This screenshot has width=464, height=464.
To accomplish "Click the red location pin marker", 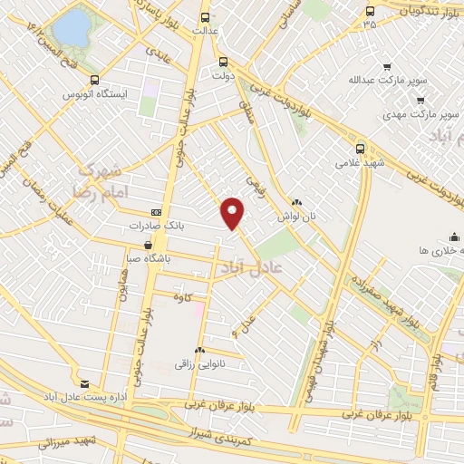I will (233, 213).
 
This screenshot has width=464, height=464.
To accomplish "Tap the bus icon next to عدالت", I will (205, 16).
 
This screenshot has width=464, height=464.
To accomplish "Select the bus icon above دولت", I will (224, 63).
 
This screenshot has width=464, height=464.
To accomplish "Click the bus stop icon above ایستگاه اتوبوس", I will (95, 79).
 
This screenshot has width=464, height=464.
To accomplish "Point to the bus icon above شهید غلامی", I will (361, 149).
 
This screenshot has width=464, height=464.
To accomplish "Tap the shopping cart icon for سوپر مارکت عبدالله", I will (388, 67).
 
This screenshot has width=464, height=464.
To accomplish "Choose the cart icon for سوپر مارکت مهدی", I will (419, 100).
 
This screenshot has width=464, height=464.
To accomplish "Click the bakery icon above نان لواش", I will (296, 202).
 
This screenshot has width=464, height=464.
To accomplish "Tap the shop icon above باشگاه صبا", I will (149, 245).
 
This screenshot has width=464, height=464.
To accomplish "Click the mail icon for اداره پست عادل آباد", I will (85, 384).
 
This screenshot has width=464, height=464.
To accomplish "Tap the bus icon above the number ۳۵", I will (369, 11).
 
